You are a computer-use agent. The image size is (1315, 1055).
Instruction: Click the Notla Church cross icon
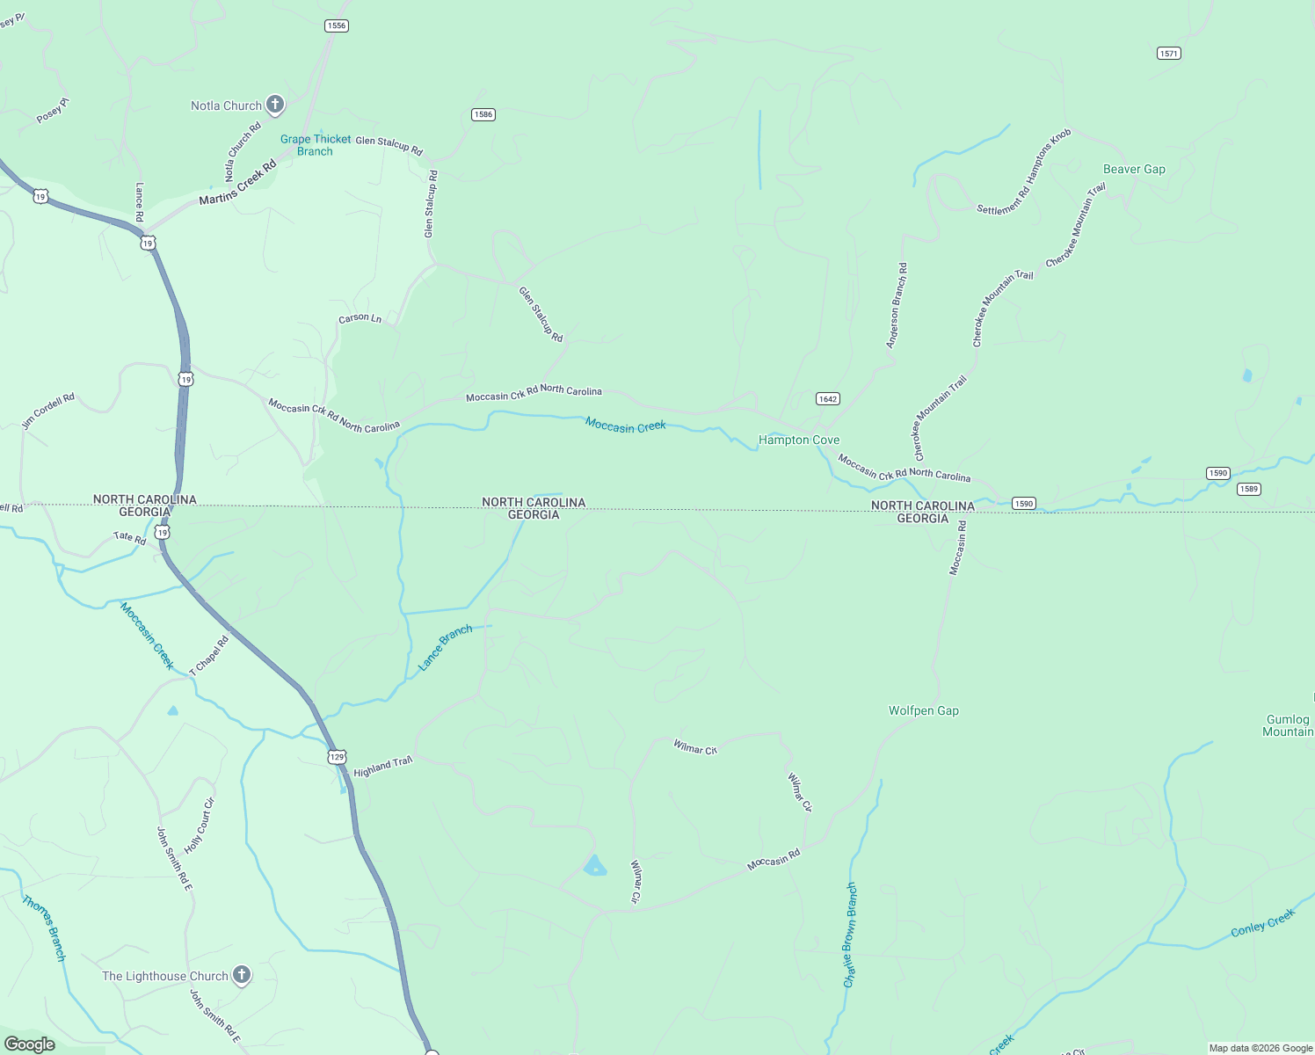pyautogui.click(x=274, y=105)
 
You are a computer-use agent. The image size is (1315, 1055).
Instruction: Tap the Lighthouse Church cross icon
pyautogui.click(x=241, y=975)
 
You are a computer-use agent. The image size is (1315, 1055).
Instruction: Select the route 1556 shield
pyautogui.click(x=337, y=25)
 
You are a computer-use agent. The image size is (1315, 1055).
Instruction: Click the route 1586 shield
pyautogui.click(x=483, y=114)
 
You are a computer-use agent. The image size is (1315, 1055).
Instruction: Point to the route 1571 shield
pyautogui.click(x=1168, y=54)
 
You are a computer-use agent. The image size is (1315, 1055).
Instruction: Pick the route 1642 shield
pyautogui.click(x=827, y=398)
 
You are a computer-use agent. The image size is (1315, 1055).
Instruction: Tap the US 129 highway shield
pyautogui.click(x=338, y=756)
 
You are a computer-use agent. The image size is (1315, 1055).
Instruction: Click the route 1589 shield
pyautogui.click(x=1248, y=489)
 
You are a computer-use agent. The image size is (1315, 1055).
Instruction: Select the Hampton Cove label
pyautogui.click(x=798, y=440)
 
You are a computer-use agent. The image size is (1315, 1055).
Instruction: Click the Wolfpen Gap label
pyautogui.click(x=923, y=710)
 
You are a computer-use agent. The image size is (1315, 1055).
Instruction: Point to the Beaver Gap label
pyautogui.click(x=1134, y=169)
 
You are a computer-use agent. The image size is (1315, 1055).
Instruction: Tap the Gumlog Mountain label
pyautogui.click(x=1288, y=725)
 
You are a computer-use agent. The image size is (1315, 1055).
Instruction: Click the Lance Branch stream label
pyautogui.click(x=445, y=648)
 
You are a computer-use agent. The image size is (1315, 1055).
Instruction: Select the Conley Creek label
pyautogui.click(x=1262, y=922)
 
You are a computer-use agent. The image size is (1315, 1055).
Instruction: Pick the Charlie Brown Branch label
pyautogui.click(x=849, y=935)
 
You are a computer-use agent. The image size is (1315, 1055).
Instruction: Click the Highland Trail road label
pyautogui.click(x=382, y=767)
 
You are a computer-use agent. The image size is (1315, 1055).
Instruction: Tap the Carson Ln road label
pyautogui.click(x=360, y=318)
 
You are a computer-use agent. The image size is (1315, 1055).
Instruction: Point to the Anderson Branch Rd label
pyautogui.click(x=897, y=305)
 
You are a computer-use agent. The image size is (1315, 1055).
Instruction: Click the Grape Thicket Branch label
pyautogui.click(x=316, y=145)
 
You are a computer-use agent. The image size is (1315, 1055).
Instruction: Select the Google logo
pyautogui.click(x=29, y=1044)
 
